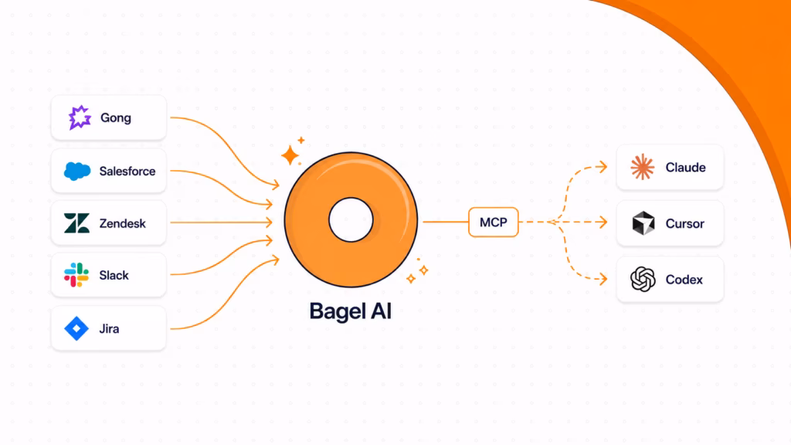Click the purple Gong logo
pos(80,117)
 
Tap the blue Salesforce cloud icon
pos(77,172)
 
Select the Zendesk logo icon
pos(76,223)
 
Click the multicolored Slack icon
pos(76,275)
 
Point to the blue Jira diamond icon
pos(76,328)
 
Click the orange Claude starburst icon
pos(642,167)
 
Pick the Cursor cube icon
pos(643,223)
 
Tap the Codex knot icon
pos(643,279)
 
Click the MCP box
pos(494,222)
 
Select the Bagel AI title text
pos(351,311)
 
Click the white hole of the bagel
pos(351,220)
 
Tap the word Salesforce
pos(127,172)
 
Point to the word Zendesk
pos(123,223)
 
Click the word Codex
pos(684,280)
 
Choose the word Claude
pos(686,168)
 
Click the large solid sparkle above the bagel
pos(290,155)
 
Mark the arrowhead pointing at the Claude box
pos(602,167)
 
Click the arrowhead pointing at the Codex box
pos(602,279)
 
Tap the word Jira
pos(109,329)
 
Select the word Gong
pos(116,118)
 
